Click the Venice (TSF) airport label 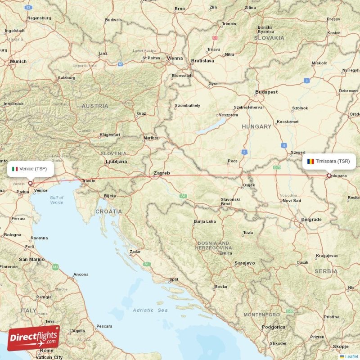tap(31, 169)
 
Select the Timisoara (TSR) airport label tap(329, 161)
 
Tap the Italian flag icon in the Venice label tap(15, 169)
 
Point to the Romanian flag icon tap(310, 161)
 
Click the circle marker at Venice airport tap(31, 183)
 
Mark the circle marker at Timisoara tap(329, 176)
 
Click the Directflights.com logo tap(33, 338)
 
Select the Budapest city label tap(266, 92)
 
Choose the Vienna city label tap(175, 58)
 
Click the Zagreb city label tap(162, 173)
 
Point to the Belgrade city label tap(311, 219)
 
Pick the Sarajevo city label tap(245, 263)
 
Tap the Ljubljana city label tap(116, 161)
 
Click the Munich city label tap(18, 61)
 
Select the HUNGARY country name tap(256, 127)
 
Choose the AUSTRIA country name tap(95, 106)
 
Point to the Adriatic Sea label tap(150, 310)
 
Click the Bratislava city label tap(202, 60)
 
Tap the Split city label tap(173, 280)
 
